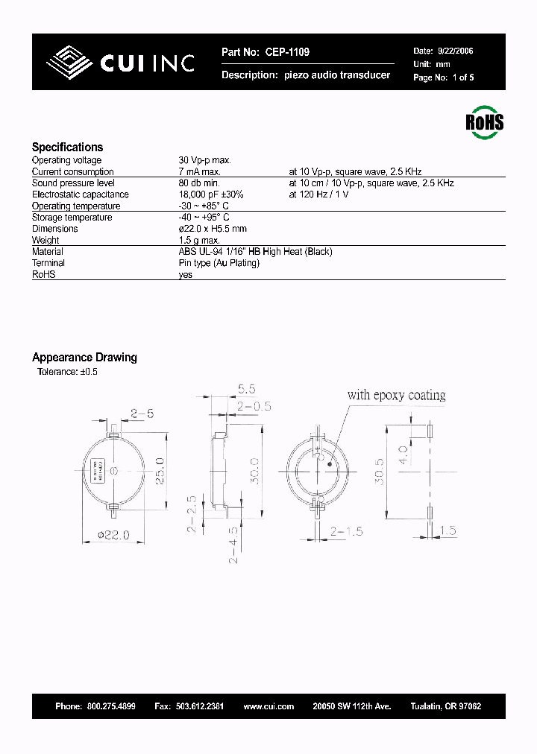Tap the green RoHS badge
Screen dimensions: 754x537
[484, 122]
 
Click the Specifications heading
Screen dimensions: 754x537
[67, 147]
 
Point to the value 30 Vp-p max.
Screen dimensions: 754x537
[204, 160]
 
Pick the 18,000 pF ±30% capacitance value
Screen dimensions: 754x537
[211, 194]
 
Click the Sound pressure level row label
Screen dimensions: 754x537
[73, 183]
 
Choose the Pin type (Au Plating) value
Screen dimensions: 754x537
[219, 263]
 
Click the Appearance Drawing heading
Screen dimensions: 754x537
[84, 357]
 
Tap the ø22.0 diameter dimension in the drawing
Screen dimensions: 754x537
[113, 534]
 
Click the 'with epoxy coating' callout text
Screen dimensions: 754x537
[396, 395]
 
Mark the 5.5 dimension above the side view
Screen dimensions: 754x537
[246, 389]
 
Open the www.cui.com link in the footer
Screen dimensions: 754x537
[268, 706]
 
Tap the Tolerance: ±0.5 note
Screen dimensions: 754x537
[67, 371]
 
